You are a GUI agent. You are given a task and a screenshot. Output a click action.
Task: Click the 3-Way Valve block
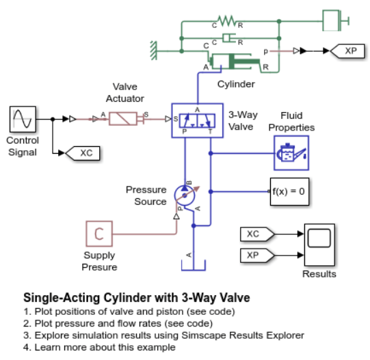pyautogui.click(x=197, y=120)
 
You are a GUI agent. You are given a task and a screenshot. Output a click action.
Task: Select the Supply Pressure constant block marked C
pyautogui.click(x=100, y=234)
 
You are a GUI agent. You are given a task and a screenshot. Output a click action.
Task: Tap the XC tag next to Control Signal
pyautogui.click(x=85, y=152)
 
